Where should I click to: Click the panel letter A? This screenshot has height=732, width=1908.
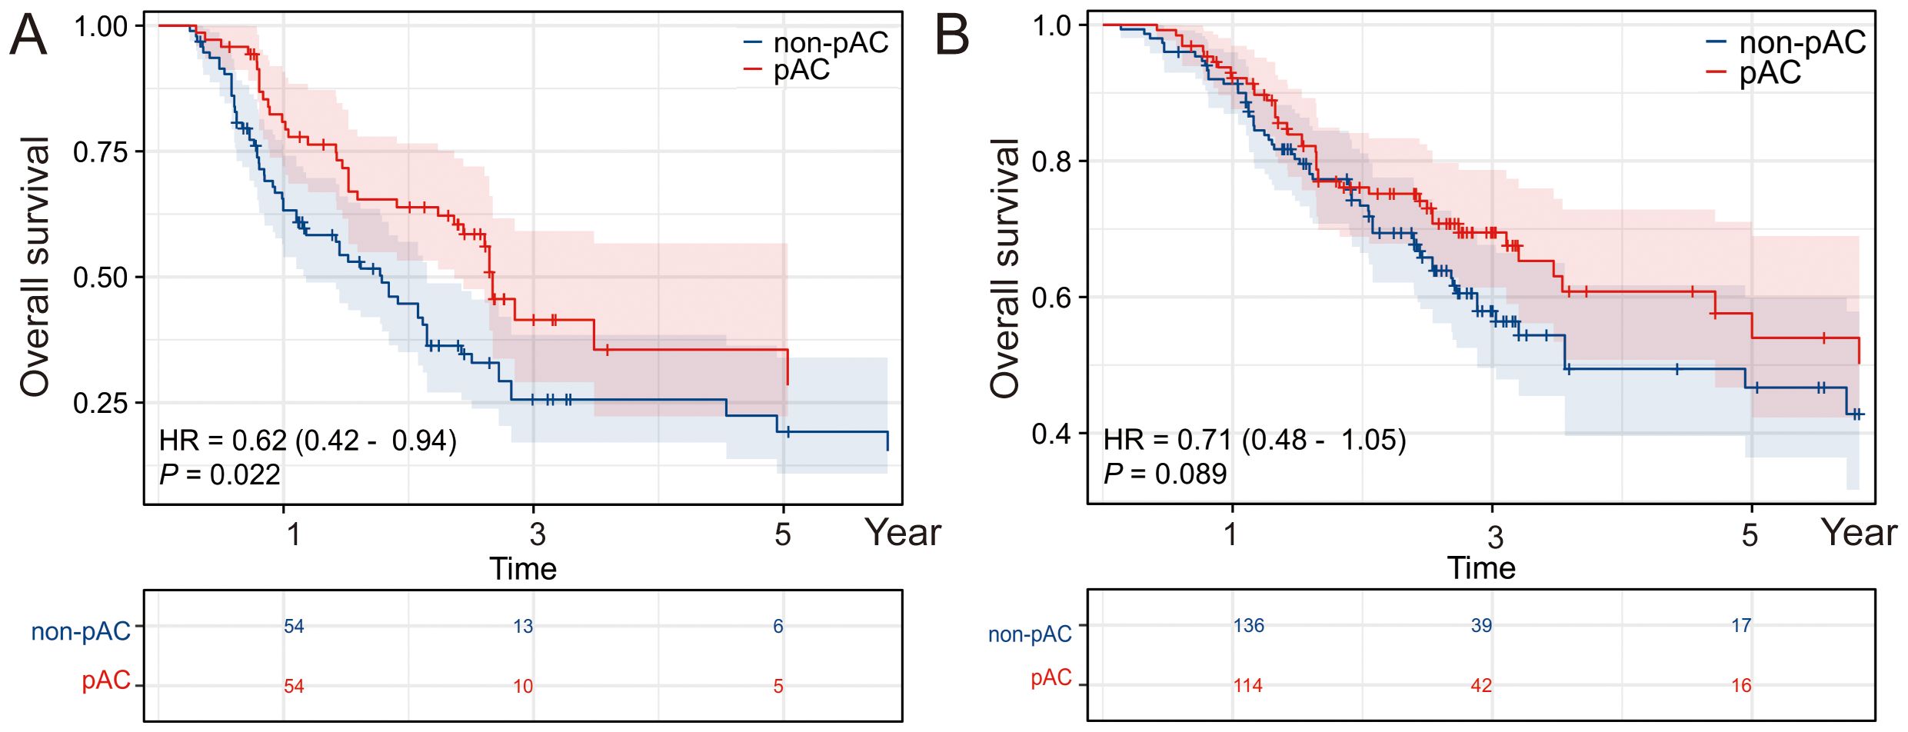[28, 35]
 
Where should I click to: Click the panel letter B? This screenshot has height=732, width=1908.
[951, 35]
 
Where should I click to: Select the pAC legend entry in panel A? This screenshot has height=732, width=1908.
[801, 71]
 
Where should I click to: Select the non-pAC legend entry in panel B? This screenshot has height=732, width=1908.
[1801, 42]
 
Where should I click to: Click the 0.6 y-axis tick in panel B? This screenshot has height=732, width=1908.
[1051, 298]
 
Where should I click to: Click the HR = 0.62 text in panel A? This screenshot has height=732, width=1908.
[308, 441]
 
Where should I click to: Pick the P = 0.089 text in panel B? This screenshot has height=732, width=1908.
[1164, 474]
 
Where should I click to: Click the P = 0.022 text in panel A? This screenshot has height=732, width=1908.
[220, 474]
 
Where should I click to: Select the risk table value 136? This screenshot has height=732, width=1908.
[1248, 625]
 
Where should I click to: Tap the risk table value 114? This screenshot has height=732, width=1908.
[1247, 685]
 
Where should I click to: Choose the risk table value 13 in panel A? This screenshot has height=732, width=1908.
[523, 627]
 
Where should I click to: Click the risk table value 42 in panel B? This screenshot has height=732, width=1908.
[1481, 685]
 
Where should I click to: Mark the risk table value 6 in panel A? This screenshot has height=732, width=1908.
[778, 627]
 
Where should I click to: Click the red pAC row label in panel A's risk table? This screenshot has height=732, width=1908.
[106, 680]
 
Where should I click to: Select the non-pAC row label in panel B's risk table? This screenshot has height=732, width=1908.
[1030, 634]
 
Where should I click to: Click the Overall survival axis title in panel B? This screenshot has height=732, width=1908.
[1004, 269]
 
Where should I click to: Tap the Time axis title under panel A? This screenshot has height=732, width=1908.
[523, 569]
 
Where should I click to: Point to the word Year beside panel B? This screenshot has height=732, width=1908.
[1859, 533]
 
